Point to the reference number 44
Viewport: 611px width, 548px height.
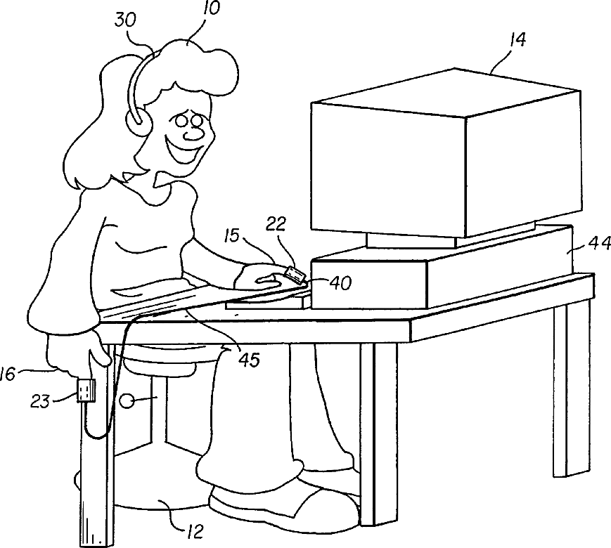599,244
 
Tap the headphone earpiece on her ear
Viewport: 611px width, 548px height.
138,119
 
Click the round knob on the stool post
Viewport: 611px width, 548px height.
128,401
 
